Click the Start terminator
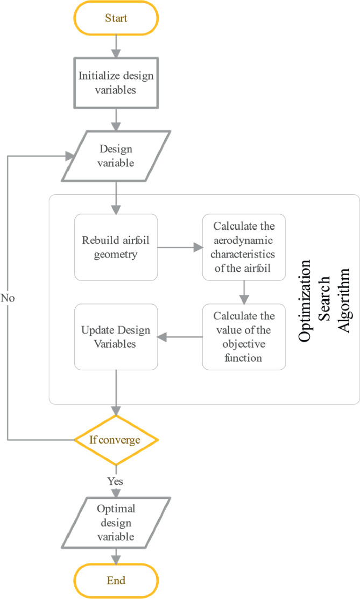116,18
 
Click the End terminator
116,581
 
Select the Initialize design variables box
116,83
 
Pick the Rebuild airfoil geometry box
116,247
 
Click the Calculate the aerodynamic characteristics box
244,247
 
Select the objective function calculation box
244,337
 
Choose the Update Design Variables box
116,337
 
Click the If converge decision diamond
116,440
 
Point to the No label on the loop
7,297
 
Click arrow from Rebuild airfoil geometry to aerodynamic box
180,248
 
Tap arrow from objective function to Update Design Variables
180,337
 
